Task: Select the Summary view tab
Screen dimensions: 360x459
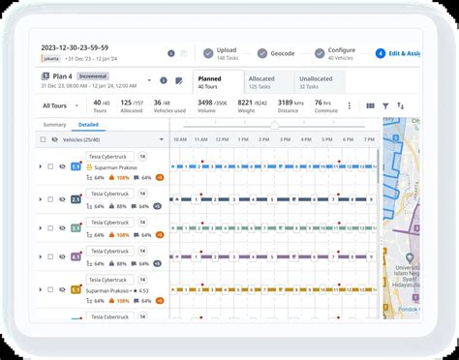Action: click(54, 125)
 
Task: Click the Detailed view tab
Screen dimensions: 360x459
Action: click(89, 125)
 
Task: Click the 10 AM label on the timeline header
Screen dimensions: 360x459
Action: click(180, 139)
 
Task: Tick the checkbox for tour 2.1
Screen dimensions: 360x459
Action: click(40, 199)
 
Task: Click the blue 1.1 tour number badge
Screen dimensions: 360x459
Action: click(76, 166)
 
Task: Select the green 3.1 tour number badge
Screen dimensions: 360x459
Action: click(76, 228)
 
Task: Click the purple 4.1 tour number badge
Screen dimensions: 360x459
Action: click(76, 257)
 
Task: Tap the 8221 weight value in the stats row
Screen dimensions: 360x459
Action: click(245, 102)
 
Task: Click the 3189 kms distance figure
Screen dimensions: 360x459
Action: click(287, 102)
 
